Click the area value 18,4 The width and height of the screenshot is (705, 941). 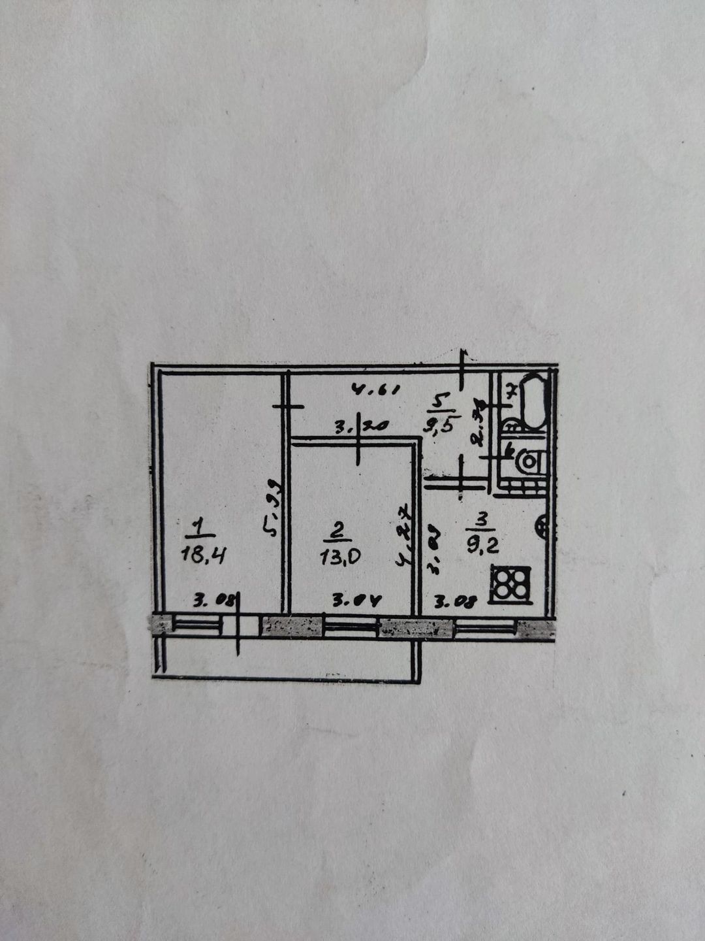[204, 556]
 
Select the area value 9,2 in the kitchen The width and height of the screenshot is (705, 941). [483, 544]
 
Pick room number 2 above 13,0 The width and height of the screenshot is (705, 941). [336, 531]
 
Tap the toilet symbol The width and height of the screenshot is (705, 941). [530, 461]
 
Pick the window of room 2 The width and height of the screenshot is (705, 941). [352, 627]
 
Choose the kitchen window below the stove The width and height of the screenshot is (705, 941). [484, 629]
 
